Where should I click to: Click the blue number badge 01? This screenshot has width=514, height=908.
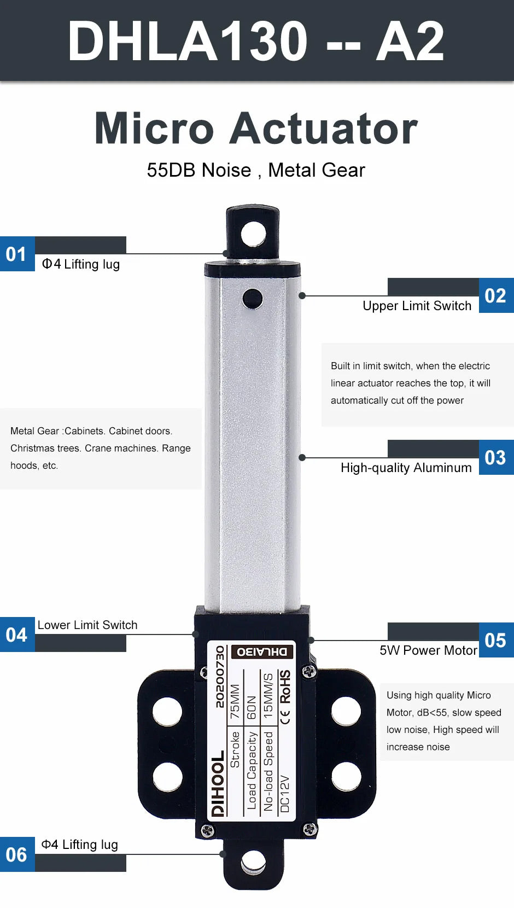click(x=17, y=254)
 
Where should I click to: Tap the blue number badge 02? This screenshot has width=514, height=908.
click(x=496, y=295)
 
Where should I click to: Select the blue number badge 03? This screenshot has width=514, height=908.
click(x=496, y=457)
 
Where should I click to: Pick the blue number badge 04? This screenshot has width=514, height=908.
click(x=17, y=635)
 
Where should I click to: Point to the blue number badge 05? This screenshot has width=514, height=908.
click(x=496, y=640)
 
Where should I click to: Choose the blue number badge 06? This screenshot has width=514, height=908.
click(x=17, y=854)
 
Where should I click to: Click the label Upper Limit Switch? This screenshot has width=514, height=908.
click(x=417, y=306)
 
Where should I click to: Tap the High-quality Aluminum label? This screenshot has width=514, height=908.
click(x=406, y=468)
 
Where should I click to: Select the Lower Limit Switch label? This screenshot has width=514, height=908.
click(x=87, y=625)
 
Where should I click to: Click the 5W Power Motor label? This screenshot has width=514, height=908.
click(x=429, y=650)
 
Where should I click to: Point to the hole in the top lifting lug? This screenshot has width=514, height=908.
click(x=253, y=234)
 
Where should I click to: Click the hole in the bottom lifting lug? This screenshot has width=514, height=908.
click(x=253, y=862)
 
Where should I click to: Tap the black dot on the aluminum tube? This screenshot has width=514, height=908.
click(x=253, y=299)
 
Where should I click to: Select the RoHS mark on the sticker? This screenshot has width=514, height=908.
click(x=285, y=686)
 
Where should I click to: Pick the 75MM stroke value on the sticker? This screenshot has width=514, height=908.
click(x=235, y=701)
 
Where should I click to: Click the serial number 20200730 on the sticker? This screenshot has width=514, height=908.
click(x=220, y=677)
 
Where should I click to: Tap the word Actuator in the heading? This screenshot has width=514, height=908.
click(x=324, y=129)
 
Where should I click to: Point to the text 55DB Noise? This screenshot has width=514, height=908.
click(x=199, y=170)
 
